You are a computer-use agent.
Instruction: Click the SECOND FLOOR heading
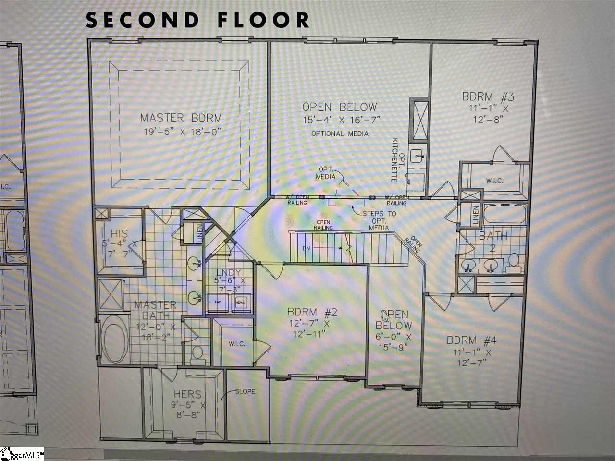(197, 20)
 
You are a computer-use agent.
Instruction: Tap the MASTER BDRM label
(181, 118)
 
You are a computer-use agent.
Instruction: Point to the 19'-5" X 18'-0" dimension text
(181, 132)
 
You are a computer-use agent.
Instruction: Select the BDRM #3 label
(488, 97)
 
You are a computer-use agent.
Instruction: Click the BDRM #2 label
(312, 313)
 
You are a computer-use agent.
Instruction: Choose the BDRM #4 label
(471, 340)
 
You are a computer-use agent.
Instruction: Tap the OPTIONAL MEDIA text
(340, 133)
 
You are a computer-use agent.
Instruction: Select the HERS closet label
(187, 394)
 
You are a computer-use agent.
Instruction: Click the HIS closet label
(119, 234)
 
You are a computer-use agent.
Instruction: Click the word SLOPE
(245, 391)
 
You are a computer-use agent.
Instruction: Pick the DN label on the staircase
(306, 248)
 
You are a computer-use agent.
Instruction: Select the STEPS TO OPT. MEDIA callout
(379, 220)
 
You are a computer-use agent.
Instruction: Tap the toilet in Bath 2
(514, 261)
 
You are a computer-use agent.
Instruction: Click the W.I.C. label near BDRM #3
(494, 181)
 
